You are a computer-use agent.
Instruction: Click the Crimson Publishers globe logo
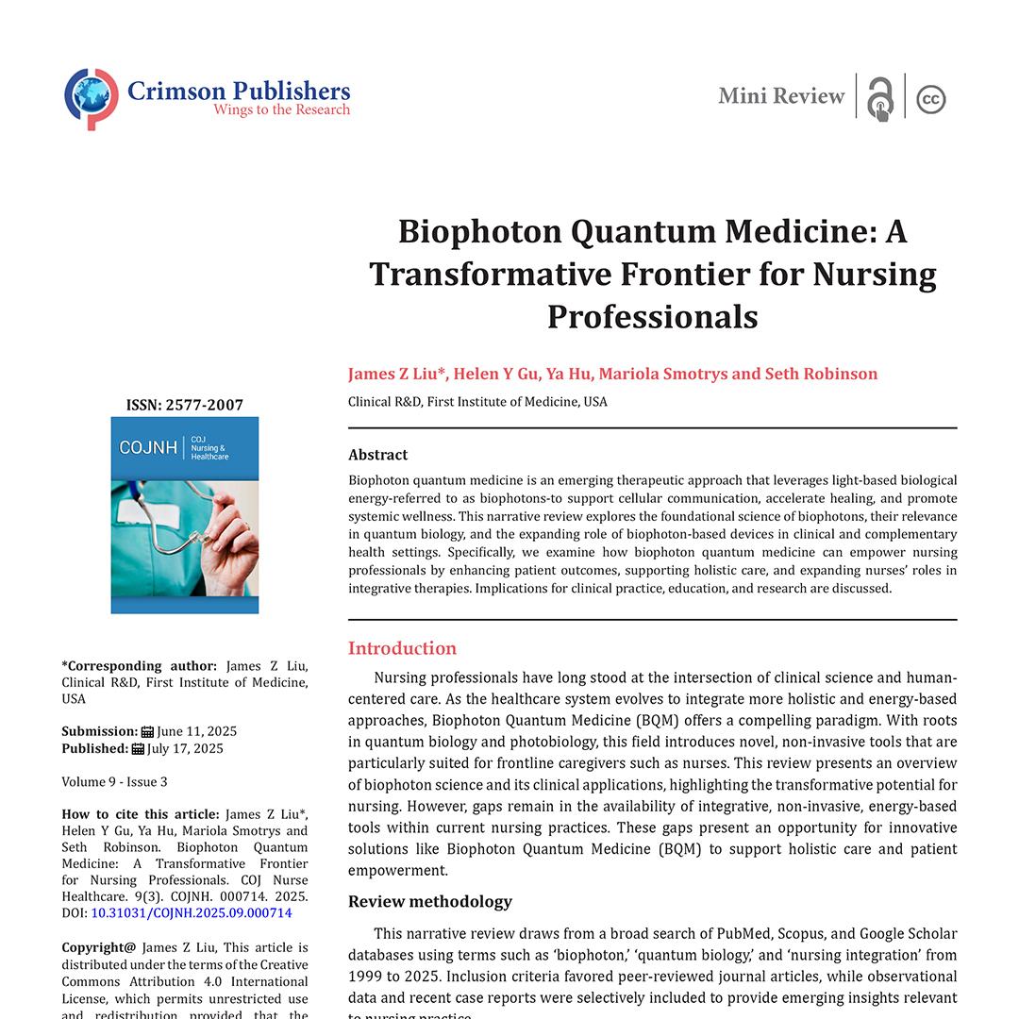click(92, 98)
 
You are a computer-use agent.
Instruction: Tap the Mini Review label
click(781, 96)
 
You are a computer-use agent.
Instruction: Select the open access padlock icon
click(880, 99)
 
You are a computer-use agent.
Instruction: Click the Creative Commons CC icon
click(931, 99)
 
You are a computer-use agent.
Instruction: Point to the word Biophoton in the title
click(476, 232)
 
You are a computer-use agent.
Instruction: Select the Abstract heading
click(378, 455)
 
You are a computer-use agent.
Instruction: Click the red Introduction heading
click(402, 648)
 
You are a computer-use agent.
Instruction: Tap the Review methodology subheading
click(430, 901)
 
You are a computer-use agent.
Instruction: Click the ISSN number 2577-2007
click(204, 406)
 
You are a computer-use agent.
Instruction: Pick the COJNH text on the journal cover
click(148, 447)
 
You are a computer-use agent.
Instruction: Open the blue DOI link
click(192, 913)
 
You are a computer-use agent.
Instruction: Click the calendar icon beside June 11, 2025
click(147, 731)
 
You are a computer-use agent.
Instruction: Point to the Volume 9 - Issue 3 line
click(115, 781)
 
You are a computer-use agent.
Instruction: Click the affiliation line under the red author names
click(477, 402)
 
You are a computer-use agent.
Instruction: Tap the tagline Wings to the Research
click(281, 110)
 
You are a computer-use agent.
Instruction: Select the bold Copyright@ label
click(99, 947)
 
